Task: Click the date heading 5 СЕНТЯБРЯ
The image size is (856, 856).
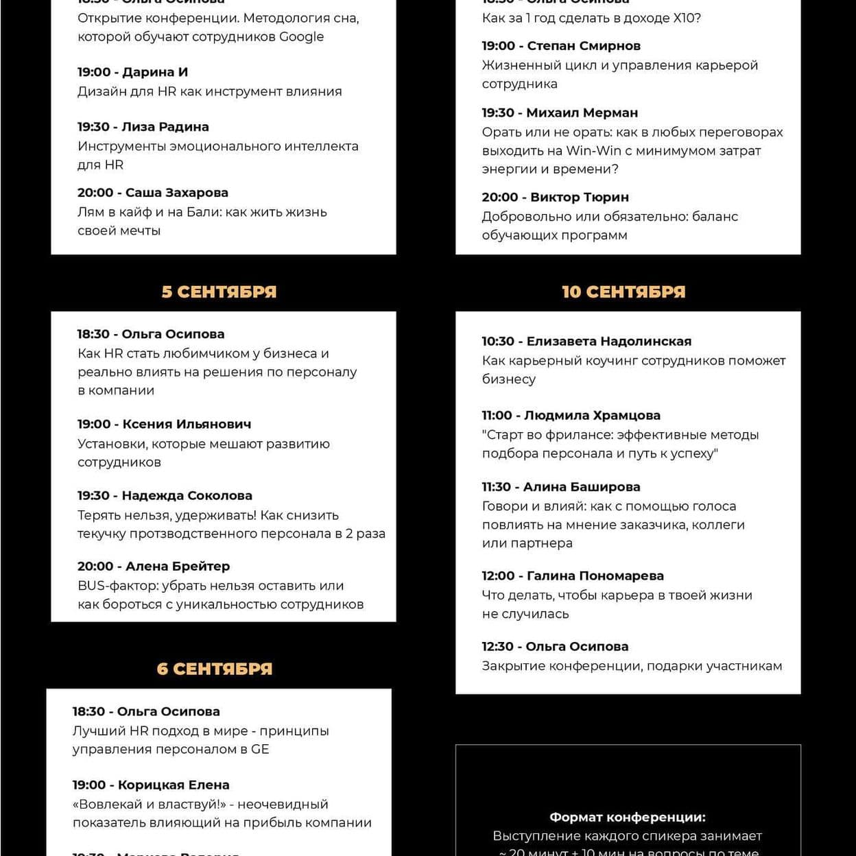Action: (x=219, y=292)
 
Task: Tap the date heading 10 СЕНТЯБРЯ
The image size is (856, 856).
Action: (x=623, y=292)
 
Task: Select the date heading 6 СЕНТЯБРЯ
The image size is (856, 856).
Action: (x=215, y=669)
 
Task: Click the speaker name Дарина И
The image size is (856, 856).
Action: (x=155, y=72)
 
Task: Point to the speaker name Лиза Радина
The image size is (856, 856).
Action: (x=165, y=127)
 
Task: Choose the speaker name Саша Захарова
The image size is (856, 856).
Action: (x=177, y=193)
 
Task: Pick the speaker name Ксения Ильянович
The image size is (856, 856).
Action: (x=187, y=424)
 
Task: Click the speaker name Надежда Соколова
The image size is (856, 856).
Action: (x=187, y=495)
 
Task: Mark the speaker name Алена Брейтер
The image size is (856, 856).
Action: (x=178, y=566)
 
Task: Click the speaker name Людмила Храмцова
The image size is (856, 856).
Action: (x=593, y=415)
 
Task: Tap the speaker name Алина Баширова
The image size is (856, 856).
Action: (x=582, y=487)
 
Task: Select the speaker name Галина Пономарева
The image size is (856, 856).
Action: (x=595, y=575)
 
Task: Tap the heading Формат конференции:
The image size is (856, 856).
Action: (x=628, y=817)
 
